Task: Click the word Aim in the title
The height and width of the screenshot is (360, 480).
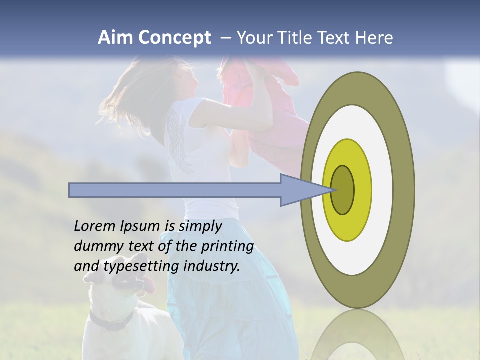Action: click(115, 38)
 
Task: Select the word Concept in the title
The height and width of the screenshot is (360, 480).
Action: click(174, 38)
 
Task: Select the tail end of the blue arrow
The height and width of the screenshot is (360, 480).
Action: click(72, 190)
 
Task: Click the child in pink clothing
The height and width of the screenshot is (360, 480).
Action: click(265, 100)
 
